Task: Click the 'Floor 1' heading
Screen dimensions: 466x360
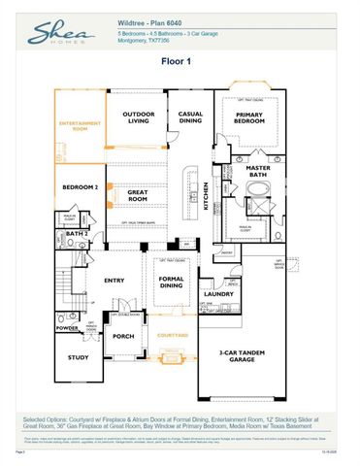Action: pos(180,60)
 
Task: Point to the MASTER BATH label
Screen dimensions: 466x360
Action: pos(257,170)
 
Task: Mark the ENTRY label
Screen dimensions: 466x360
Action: pos(115,282)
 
